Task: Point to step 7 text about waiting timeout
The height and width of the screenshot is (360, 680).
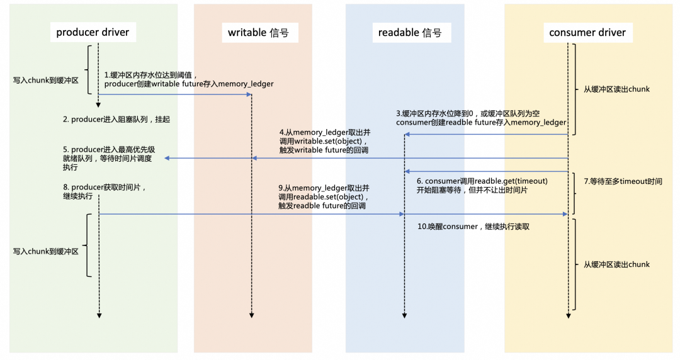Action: (x=622, y=181)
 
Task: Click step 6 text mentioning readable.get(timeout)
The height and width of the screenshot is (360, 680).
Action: (x=482, y=186)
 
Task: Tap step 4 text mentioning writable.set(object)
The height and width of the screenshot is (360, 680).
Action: (x=324, y=142)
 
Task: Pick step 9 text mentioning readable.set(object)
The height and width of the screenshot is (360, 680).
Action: (x=324, y=197)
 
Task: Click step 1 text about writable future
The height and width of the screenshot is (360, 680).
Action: (x=189, y=79)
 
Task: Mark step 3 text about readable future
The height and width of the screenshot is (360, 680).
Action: (x=481, y=118)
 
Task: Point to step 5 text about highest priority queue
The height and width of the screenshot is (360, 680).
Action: (x=108, y=159)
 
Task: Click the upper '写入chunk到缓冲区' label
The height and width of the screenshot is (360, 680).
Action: (x=45, y=81)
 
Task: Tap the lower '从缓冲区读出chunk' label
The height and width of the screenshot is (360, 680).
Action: (x=616, y=264)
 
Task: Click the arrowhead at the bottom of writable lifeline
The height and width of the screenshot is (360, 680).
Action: (x=252, y=314)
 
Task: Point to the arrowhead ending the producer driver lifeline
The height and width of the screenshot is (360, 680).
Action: (x=99, y=314)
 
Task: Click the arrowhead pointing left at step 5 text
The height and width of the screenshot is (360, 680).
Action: (x=167, y=159)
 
